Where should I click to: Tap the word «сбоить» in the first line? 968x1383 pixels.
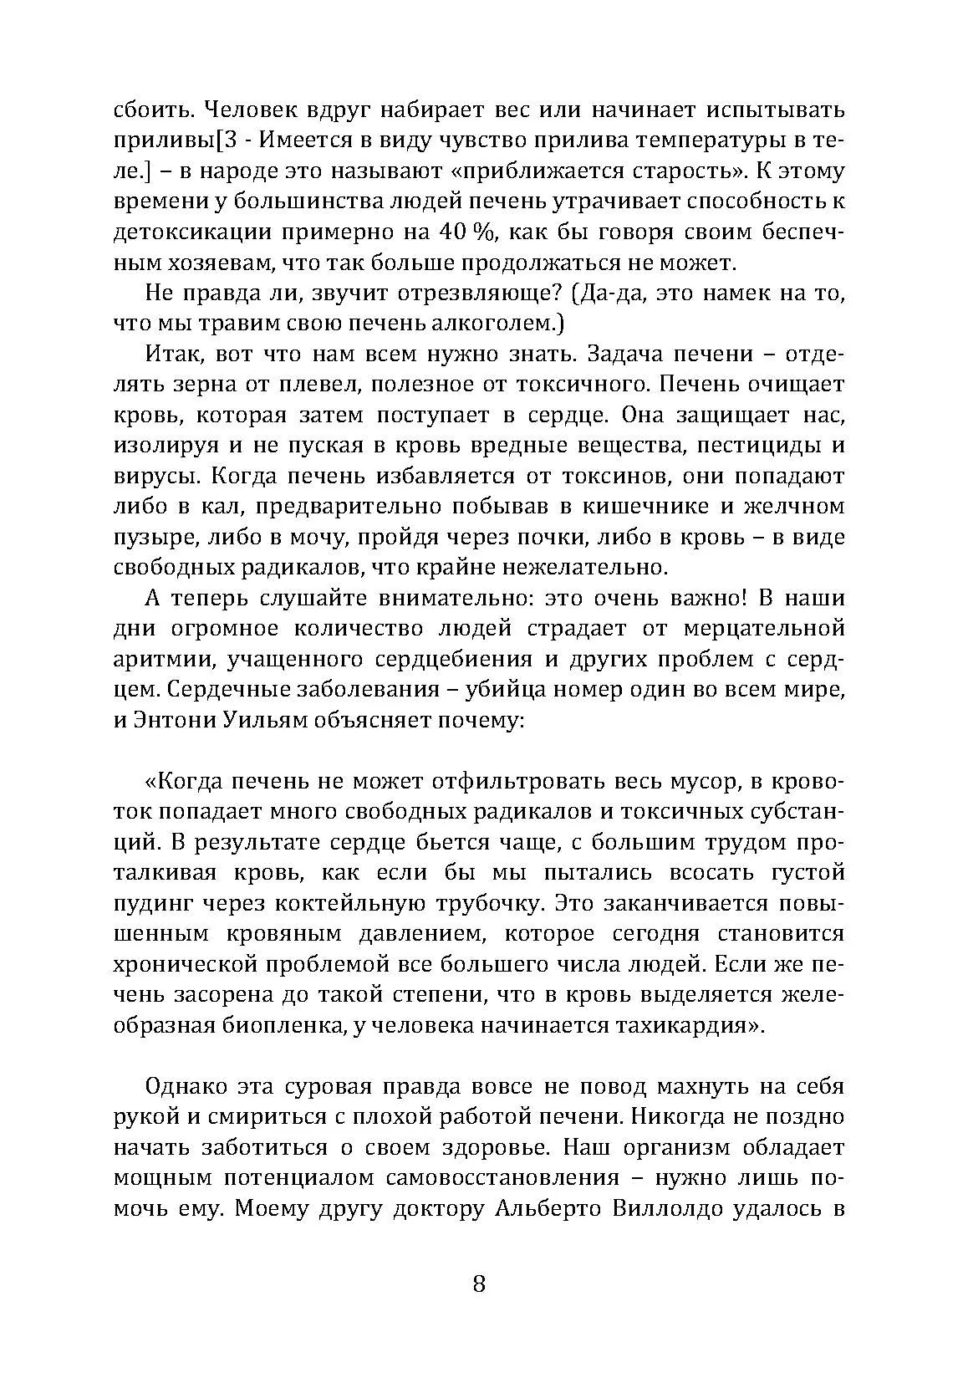(x=151, y=110)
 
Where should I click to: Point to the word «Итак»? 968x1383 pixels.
(x=173, y=355)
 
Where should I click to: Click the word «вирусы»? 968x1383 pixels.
(x=153, y=477)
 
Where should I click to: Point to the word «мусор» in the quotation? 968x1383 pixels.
(x=690, y=782)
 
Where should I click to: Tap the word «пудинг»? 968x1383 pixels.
(x=152, y=904)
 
